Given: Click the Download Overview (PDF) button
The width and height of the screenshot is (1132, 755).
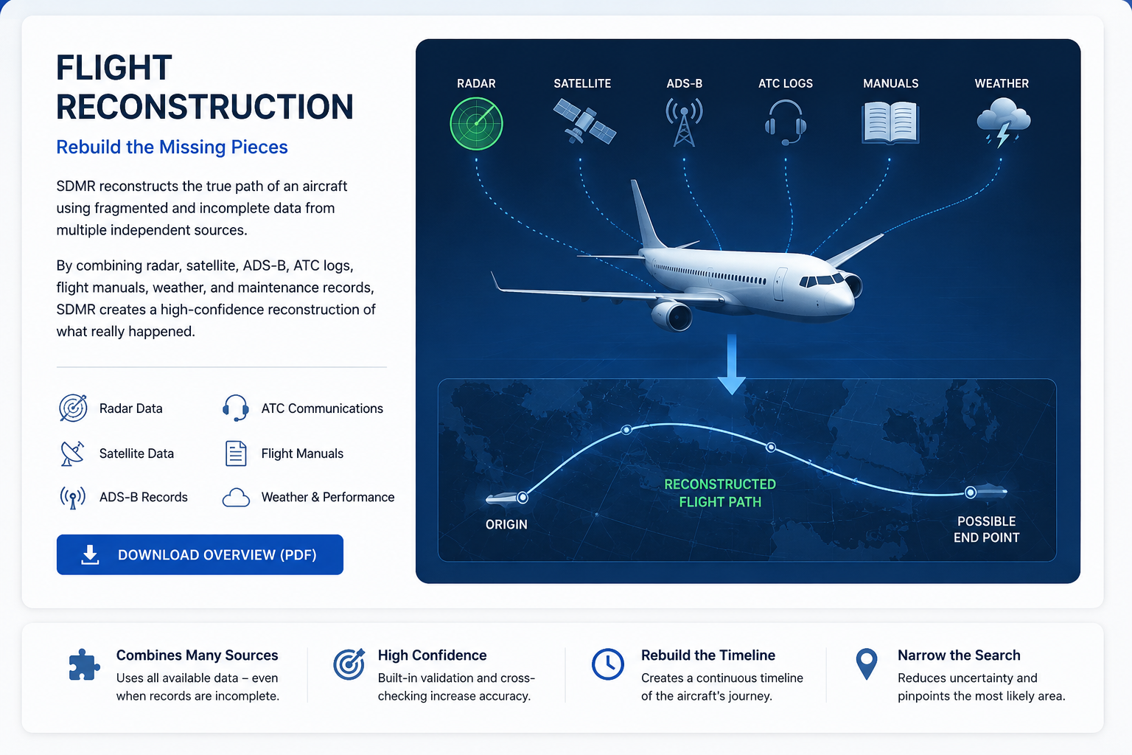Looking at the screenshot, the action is tap(200, 554).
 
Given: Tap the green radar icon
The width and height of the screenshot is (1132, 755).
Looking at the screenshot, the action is tap(476, 123).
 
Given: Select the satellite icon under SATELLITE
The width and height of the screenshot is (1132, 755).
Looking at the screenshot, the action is tap(584, 122).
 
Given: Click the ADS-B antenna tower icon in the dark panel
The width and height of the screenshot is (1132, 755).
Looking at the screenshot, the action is tap(684, 122).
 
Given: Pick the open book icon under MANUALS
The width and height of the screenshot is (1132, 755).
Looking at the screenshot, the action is tap(890, 123).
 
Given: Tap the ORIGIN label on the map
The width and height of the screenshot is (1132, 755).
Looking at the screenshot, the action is tap(506, 524).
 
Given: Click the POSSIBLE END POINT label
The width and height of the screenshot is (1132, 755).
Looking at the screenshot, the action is tap(987, 529).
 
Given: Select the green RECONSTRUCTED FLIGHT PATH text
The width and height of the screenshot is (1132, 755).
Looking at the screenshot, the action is tap(720, 493).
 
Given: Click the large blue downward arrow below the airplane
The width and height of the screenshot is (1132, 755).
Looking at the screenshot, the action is tap(731, 364).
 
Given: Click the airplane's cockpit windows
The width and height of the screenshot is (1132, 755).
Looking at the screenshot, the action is tap(821, 280).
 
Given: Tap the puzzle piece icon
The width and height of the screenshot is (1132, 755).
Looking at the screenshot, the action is tap(84, 664).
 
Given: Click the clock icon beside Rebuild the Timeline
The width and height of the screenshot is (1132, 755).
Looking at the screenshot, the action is tap(607, 664).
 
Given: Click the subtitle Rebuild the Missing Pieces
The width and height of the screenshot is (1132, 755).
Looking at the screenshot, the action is tap(172, 147).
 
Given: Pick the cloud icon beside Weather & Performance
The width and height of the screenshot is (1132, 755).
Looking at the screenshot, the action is tap(236, 498).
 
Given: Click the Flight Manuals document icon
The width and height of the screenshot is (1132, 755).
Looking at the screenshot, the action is tap(236, 453).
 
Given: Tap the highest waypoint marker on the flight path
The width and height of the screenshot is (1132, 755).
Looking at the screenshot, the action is tap(626, 430).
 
